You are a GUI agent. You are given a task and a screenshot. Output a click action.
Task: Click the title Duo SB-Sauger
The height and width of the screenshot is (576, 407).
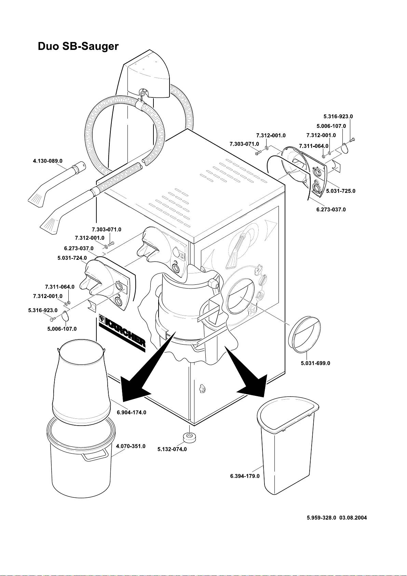(x=78, y=46)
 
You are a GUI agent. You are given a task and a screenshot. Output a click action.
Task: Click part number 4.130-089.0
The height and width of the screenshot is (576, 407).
(x=48, y=161)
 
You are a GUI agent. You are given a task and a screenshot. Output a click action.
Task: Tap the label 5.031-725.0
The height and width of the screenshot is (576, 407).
(x=341, y=191)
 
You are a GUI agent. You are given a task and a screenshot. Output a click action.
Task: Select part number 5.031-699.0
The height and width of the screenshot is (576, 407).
(x=315, y=363)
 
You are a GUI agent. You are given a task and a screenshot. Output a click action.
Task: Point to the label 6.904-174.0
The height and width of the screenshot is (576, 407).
(x=132, y=412)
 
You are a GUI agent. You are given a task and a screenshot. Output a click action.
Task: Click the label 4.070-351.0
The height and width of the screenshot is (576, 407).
(x=131, y=446)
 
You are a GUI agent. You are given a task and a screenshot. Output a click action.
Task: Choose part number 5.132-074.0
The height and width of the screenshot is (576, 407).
(x=172, y=449)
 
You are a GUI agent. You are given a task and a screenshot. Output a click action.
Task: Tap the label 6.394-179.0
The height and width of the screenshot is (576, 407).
(x=245, y=476)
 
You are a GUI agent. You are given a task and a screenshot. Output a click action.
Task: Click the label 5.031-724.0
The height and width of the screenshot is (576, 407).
(x=72, y=258)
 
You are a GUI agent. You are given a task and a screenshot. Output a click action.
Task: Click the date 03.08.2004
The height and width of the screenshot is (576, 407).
(x=353, y=518)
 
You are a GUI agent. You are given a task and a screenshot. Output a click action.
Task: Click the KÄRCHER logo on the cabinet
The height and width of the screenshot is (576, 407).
(x=122, y=331)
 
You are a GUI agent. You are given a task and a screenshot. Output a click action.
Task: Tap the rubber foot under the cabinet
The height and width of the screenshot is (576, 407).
(x=188, y=437)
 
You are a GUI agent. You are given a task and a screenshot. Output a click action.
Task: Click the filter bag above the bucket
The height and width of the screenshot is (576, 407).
(x=82, y=379)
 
